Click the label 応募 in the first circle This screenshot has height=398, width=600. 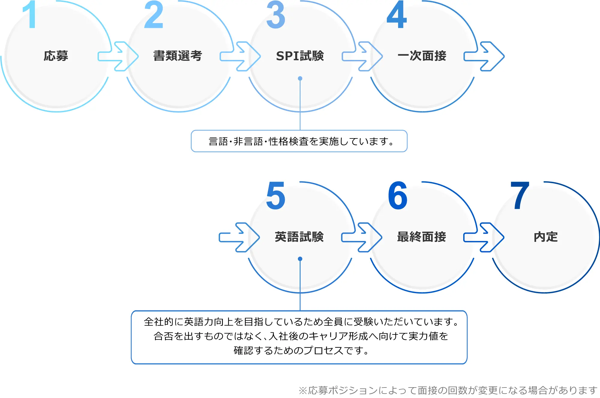click(x=56, y=56)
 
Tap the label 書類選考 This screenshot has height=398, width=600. click(x=178, y=56)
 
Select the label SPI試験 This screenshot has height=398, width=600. click(x=300, y=56)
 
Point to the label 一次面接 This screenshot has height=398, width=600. click(x=422, y=56)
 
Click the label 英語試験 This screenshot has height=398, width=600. click(x=299, y=237)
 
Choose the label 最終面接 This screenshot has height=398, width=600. click(x=422, y=237)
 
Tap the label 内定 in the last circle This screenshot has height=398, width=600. click(x=546, y=237)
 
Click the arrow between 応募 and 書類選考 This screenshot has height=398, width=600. click(x=118, y=56)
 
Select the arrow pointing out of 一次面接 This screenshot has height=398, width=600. click(x=484, y=56)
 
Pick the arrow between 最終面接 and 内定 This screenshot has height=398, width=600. click(x=484, y=237)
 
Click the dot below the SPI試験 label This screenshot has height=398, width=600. click(x=300, y=79)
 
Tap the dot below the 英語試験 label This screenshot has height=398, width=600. click(x=300, y=259)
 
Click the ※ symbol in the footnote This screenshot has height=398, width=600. click(x=303, y=391)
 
